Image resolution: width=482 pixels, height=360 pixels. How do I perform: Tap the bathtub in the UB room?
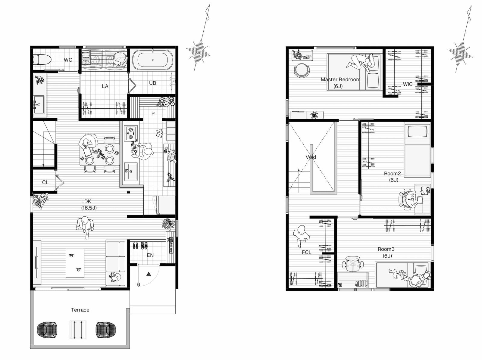click(153, 59)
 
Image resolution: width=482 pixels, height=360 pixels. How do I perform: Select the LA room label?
click(105, 86)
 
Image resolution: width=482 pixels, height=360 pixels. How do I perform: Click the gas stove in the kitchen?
click(131, 133)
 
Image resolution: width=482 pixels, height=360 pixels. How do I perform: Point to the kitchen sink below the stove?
click(131, 171)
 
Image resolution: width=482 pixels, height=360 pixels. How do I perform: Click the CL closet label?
click(45, 182)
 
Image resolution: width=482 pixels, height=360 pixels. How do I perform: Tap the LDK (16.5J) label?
click(89, 204)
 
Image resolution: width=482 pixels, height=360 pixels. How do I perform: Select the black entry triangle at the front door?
click(149, 274)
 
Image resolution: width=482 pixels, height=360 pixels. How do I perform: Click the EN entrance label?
click(150, 255)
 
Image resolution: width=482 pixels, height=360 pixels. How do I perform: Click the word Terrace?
click(80, 310)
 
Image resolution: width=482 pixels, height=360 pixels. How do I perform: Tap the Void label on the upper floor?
click(311, 157)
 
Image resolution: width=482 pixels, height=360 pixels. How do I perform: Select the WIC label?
click(408, 84)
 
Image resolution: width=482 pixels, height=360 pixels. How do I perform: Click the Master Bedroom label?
click(340, 79)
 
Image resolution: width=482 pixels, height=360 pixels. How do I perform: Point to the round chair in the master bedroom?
click(302, 70)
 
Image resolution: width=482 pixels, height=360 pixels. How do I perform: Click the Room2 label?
click(392, 173)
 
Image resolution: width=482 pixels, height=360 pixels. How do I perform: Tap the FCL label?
click(307, 252)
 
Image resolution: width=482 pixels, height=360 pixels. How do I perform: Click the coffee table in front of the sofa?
click(75, 263)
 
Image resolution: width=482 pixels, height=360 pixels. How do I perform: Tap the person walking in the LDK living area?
click(85, 227)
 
